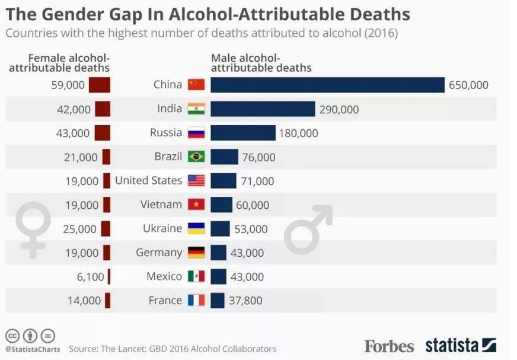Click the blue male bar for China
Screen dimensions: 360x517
327,85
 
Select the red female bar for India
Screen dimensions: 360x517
103,109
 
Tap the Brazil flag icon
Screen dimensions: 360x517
196,157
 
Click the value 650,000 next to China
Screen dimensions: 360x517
468,85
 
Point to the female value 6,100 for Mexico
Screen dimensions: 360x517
90,277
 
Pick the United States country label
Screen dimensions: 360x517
148,180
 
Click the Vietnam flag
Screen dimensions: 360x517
196,205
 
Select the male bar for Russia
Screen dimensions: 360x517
243,133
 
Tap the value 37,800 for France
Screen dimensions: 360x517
245,301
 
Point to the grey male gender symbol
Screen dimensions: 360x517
308,229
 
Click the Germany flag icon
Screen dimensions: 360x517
196,253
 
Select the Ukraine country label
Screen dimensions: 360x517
162,228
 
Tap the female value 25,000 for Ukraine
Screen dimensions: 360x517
80,229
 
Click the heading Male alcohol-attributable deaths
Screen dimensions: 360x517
261,63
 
